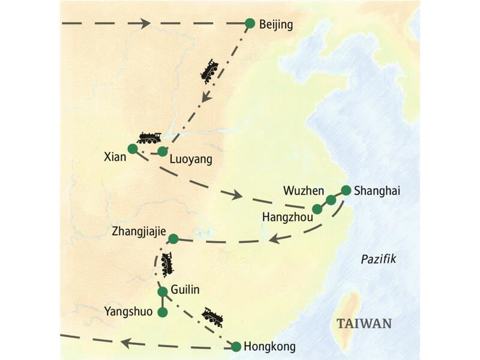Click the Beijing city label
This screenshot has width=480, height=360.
tap(276, 25)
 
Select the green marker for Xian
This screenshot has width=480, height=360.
tap(133, 148)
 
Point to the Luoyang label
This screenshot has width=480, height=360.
tap(191, 160)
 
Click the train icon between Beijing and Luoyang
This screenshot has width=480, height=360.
tap(209, 71)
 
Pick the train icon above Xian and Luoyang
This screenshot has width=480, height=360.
tap(149, 137)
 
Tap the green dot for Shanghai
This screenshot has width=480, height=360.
tap(346, 191)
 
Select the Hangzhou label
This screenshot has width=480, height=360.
tap(288, 218)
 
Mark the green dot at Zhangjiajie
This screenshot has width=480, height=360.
tap(173, 239)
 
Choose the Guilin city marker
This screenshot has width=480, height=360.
tap(162, 292)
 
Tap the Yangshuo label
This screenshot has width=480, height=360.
tap(128, 311)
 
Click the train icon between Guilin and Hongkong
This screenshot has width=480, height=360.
tap(212, 316)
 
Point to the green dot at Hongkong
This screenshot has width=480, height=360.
tap(236, 346)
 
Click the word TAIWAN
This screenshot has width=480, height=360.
tap(364, 324)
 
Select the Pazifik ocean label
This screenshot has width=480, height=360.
tap(379, 259)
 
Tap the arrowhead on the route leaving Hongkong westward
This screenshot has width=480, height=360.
tap(126, 343)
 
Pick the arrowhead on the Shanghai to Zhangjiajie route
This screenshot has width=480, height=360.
tap(275, 239)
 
